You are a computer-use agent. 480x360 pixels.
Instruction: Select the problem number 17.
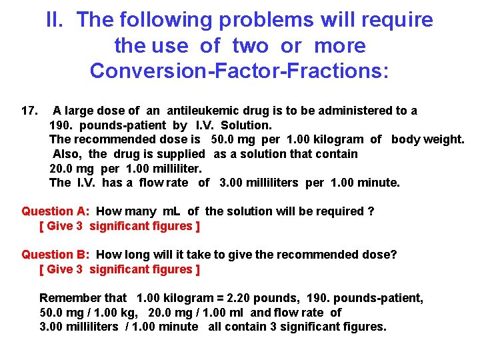tap(30, 111)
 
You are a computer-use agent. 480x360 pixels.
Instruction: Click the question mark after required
tap(371, 211)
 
